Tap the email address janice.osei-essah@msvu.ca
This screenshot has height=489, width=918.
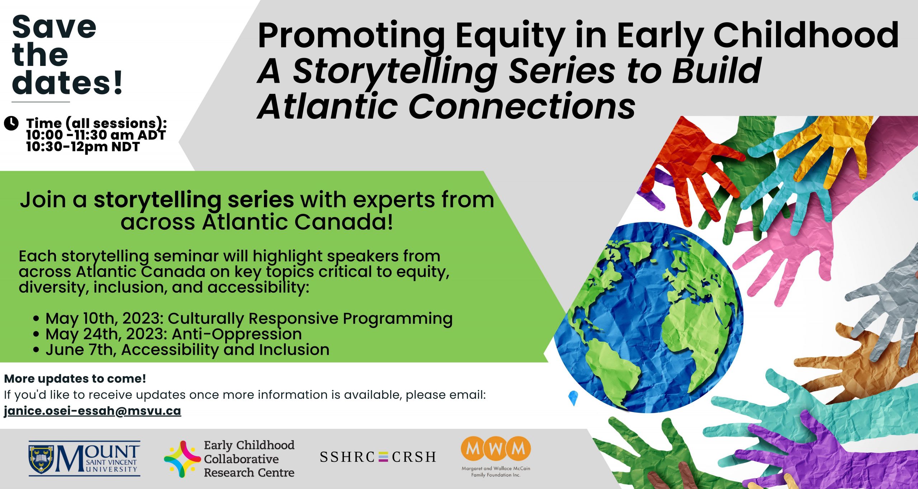(93, 411)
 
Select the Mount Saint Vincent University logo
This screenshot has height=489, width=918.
(85, 459)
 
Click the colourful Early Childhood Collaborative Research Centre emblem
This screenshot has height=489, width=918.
(182, 459)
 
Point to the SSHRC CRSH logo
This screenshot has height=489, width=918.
(378, 457)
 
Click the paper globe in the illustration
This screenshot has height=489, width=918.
(648, 317)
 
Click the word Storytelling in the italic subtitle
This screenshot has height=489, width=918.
(395, 72)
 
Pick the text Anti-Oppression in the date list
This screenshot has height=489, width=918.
(237, 335)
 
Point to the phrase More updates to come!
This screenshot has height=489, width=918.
(75, 379)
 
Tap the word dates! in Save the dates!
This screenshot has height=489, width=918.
(67, 83)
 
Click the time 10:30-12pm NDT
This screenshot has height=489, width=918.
(83, 147)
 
